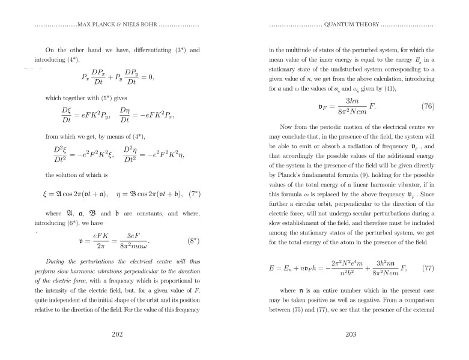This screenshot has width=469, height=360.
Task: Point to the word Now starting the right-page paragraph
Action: point(285,128)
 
